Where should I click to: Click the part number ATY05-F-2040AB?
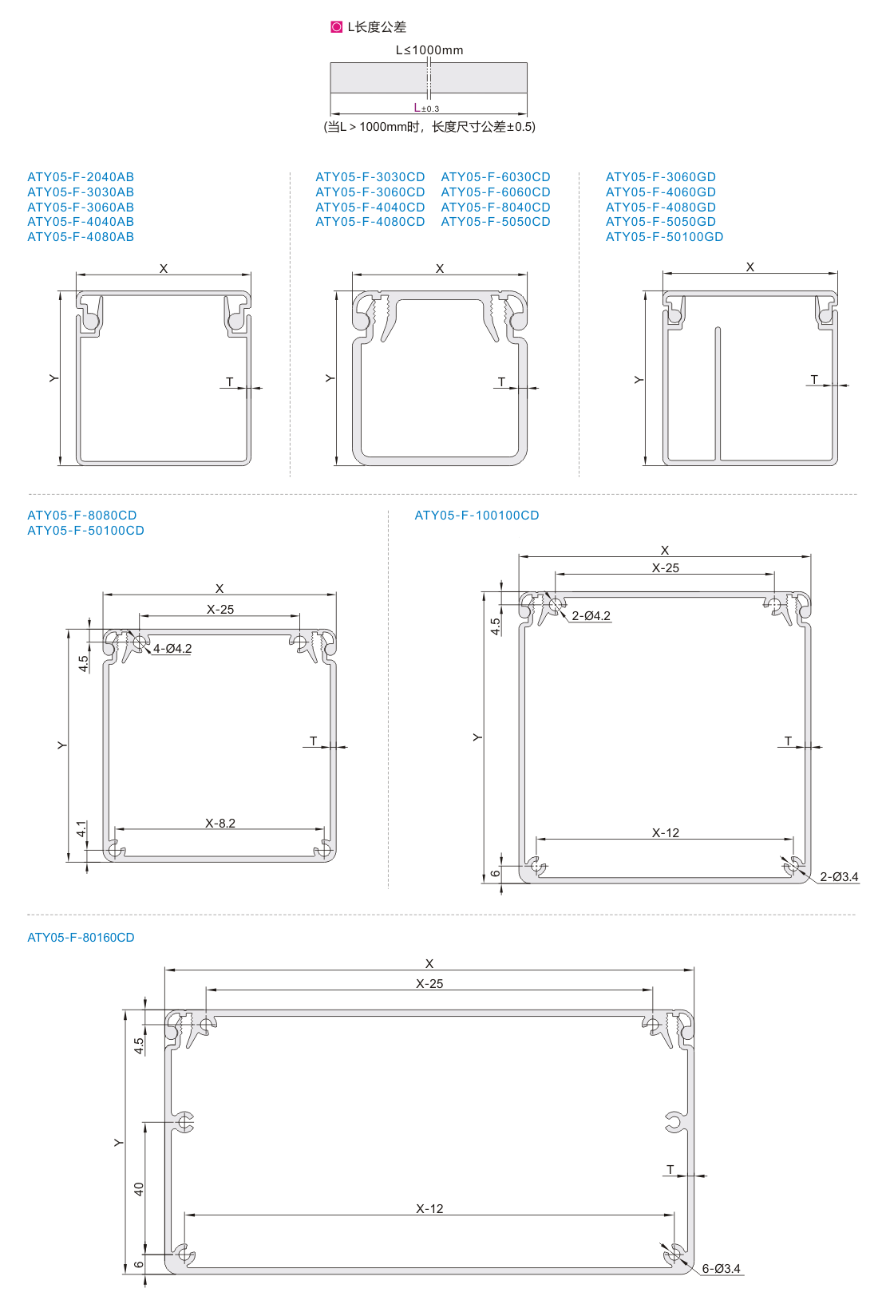(x=81, y=177)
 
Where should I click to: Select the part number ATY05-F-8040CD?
(x=495, y=207)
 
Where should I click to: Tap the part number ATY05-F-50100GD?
(x=664, y=237)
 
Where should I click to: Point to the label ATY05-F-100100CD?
(x=477, y=516)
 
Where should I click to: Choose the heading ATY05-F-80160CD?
(x=81, y=938)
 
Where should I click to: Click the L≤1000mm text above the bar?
(x=429, y=50)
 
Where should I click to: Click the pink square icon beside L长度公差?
(x=336, y=27)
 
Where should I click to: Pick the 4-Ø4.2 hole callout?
(x=172, y=649)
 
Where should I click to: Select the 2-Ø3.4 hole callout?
(x=839, y=877)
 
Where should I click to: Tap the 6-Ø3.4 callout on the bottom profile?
(x=721, y=1269)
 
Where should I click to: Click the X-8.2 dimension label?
(x=220, y=824)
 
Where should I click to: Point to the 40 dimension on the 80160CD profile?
(x=139, y=1189)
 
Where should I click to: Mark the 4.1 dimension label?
(x=81, y=828)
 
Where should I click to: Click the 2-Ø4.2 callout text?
(x=591, y=616)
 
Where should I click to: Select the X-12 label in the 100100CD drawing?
(x=665, y=833)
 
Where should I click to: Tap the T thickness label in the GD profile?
(x=814, y=380)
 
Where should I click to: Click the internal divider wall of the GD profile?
(x=718, y=394)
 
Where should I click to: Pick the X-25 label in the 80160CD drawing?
(x=429, y=984)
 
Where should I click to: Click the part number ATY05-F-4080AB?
(x=81, y=237)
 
